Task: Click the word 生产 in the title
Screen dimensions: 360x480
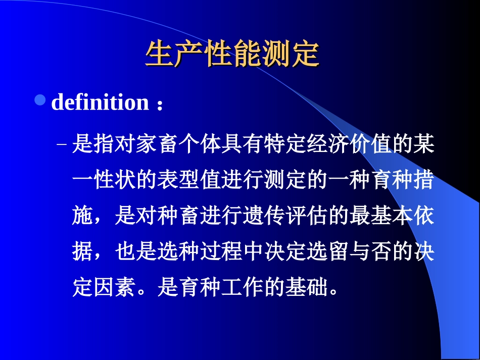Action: (174, 54)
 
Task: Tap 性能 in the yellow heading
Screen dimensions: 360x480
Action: (232, 54)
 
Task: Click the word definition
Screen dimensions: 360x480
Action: (100, 102)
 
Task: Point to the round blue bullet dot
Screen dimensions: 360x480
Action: (40, 101)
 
